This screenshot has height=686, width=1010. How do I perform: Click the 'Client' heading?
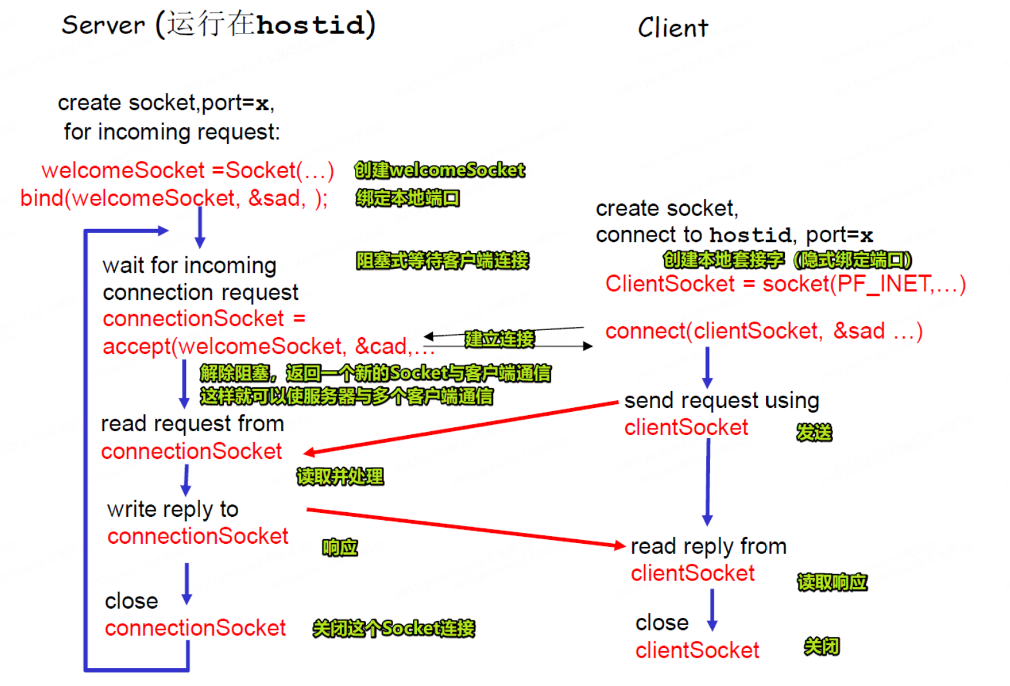click(x=672, y=28)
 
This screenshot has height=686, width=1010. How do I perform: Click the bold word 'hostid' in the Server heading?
click(x=310, y=25)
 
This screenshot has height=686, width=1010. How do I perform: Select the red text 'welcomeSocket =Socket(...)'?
click(x=187, y=171)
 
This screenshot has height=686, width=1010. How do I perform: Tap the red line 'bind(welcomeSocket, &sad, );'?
click(x=174, y=198)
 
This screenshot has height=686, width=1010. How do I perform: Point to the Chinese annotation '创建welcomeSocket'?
click(x=439, y=170)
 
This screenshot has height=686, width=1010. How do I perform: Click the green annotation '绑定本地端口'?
click(x=408, y=198)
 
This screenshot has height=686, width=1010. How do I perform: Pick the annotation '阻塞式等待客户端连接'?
click(x=442, y=261)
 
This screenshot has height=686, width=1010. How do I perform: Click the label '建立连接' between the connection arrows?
click(x=499, y=339)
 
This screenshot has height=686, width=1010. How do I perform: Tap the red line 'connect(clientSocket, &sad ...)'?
click(x=764, y=331)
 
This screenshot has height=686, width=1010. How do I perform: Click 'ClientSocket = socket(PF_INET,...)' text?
click(x=785, y=284)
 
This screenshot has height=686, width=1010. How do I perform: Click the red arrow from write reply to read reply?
click(x=463, y=528)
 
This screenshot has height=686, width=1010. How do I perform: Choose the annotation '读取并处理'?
click(x=340, y=477)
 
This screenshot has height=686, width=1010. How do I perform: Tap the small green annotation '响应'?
click(x=340, y=548)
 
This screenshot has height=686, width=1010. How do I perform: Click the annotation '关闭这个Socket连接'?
click(x=393, y=628)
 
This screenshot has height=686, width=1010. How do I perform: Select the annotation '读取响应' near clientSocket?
click(x=832, y=582)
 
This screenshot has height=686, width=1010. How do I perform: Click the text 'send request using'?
click(x=721, y=401)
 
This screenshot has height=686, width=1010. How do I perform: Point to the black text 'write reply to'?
click(x=172, y=510)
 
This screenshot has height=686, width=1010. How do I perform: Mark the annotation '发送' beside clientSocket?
click(x=814, y=432)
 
